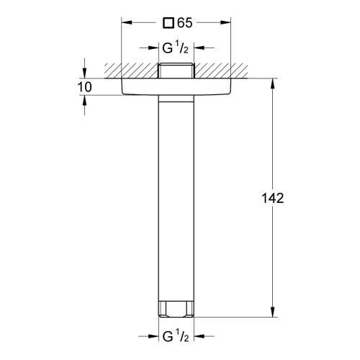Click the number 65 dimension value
[185, 23]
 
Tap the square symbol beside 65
[168, 23]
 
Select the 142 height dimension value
[272, 198]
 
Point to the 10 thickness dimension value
[84, 87]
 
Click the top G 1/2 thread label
[176, 48]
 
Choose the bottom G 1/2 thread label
[176, 336]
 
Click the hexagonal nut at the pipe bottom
[176, 309]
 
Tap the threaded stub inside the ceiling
[176, 71]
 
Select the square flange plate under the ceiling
[176, 86]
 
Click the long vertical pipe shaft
[176, 198]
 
